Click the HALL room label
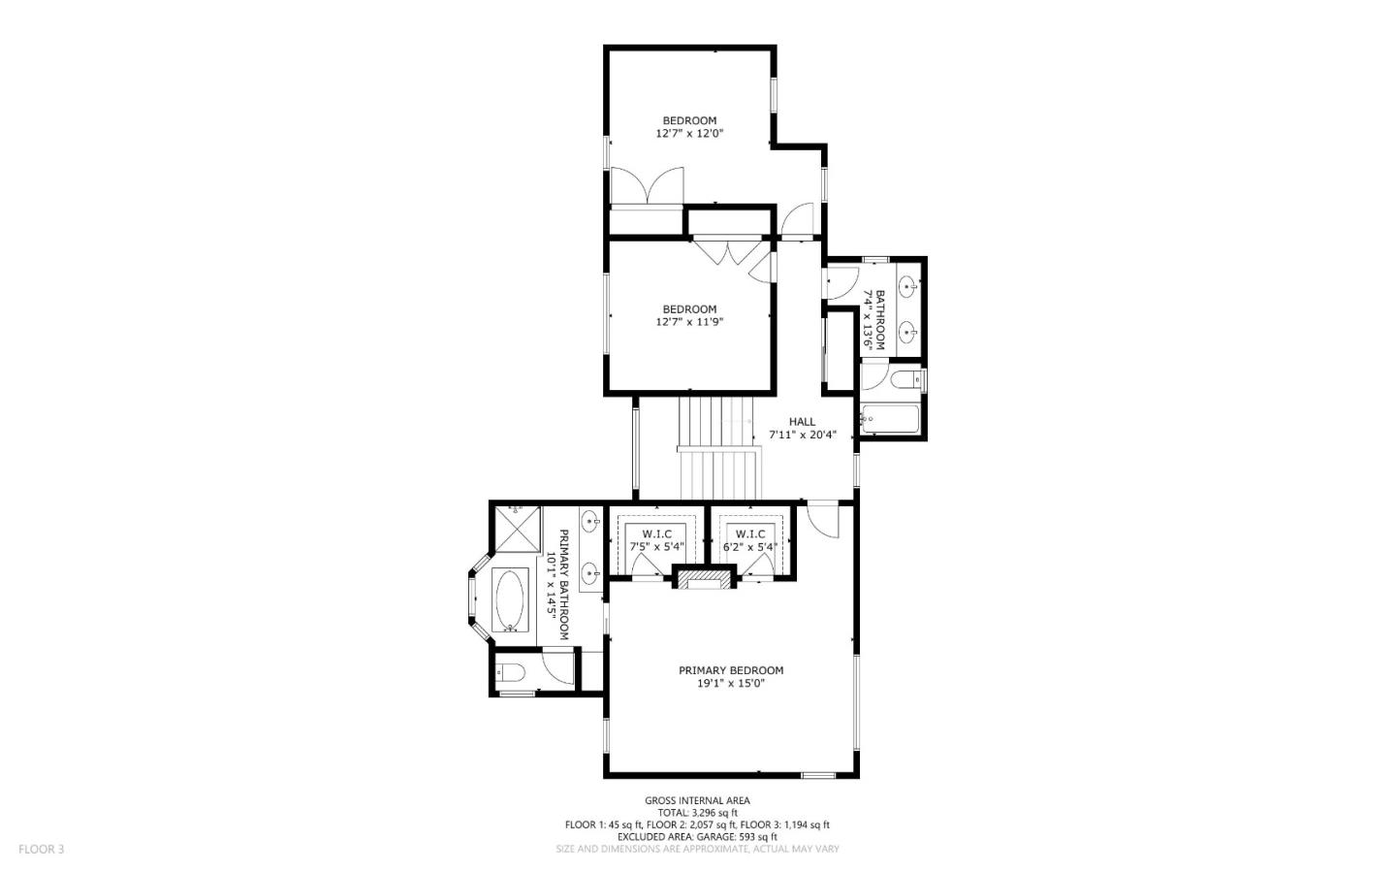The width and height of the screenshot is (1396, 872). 802,422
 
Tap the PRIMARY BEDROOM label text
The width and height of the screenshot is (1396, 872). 730,670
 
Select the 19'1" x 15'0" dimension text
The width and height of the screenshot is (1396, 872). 730,683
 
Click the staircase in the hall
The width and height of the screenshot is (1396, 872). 717,446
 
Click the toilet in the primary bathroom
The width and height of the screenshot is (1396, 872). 511,671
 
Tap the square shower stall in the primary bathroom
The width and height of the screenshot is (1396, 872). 515,529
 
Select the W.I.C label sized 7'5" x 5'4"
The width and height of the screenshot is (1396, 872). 656,534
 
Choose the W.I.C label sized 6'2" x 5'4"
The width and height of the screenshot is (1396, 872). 750,534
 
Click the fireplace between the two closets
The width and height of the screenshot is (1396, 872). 704,580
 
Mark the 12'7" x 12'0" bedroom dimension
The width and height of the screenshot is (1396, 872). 689,134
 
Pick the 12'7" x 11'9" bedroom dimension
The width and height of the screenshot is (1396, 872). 689,322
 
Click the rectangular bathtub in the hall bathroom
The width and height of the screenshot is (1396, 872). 890,419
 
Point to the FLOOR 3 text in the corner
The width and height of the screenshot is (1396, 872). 41,850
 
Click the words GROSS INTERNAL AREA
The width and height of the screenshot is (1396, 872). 697,801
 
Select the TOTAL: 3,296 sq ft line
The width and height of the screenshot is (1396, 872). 697,813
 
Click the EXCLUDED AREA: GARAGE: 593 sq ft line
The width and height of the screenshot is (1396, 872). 697,836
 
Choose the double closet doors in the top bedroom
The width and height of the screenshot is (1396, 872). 647,186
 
